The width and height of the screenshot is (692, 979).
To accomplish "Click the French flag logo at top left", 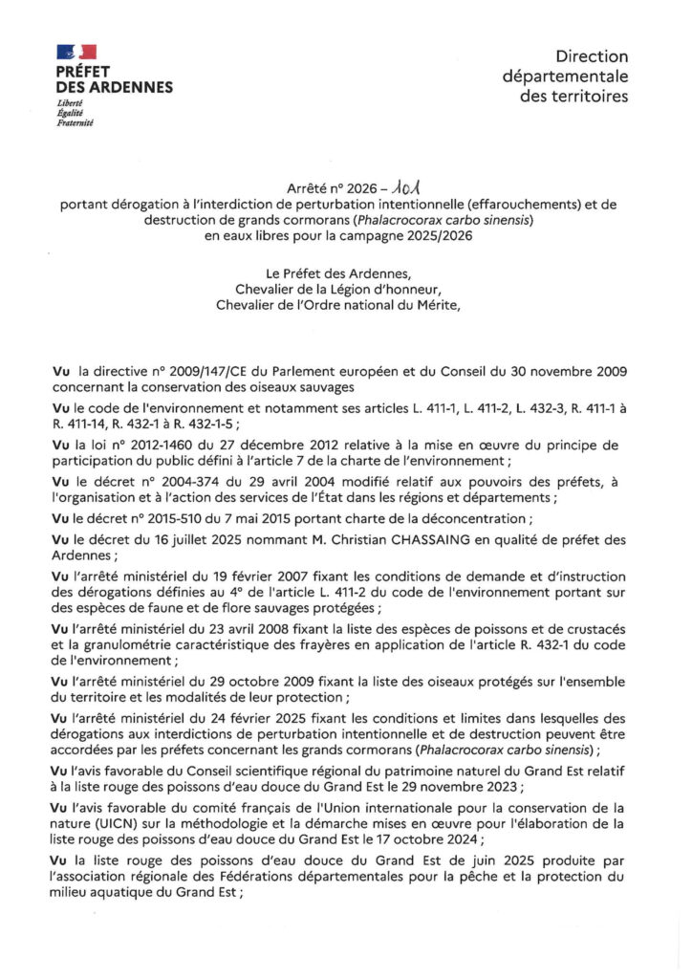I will click(x=77, y=53).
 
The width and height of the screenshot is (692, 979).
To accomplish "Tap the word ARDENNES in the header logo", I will click(x=134, y=87).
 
